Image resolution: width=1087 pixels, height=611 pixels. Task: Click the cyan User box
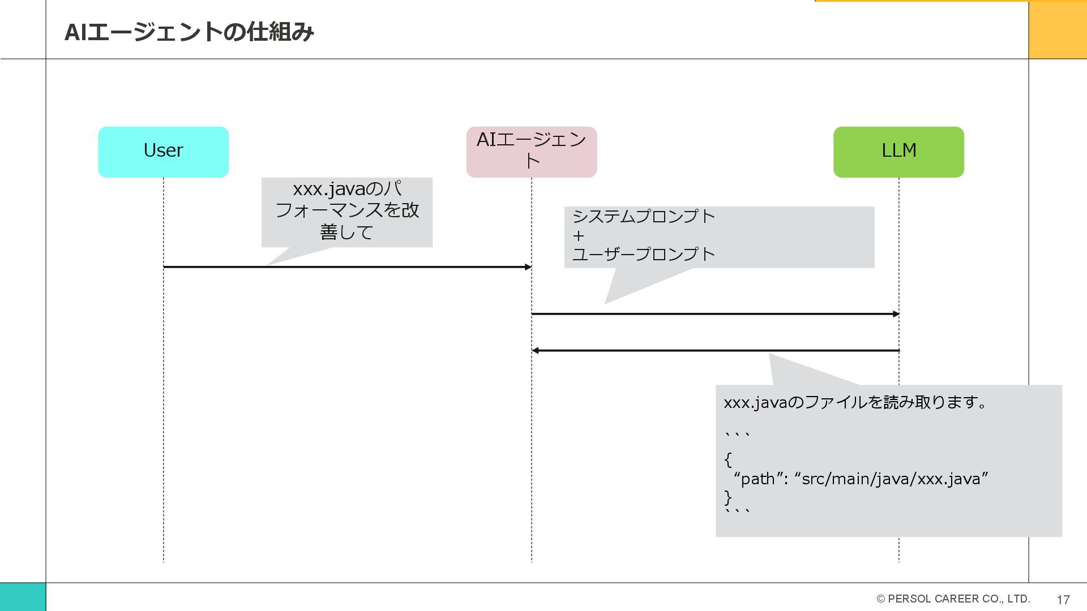163,152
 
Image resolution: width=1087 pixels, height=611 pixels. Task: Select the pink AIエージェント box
531,152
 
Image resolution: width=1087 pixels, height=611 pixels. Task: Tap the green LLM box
898,152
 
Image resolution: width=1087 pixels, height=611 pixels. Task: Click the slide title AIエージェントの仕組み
189,32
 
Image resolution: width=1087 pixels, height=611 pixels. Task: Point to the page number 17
1063,600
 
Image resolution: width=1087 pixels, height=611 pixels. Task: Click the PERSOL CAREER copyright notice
953,599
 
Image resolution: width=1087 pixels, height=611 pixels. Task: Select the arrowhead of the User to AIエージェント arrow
528,267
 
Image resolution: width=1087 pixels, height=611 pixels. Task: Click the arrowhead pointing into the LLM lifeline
896,314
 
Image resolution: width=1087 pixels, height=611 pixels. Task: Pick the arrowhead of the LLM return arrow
535,351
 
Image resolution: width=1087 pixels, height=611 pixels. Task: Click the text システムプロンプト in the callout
644,217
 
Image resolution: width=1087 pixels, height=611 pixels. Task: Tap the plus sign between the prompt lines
578,235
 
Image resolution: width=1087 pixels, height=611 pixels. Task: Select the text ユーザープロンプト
644,254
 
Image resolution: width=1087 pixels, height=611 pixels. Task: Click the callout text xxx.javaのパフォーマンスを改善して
346,210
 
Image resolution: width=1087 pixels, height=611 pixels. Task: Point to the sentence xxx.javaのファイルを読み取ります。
855,402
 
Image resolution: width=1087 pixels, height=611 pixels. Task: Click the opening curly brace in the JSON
728,459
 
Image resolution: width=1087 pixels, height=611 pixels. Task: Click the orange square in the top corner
1057,29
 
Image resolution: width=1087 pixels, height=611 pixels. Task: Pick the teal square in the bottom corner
23,597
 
